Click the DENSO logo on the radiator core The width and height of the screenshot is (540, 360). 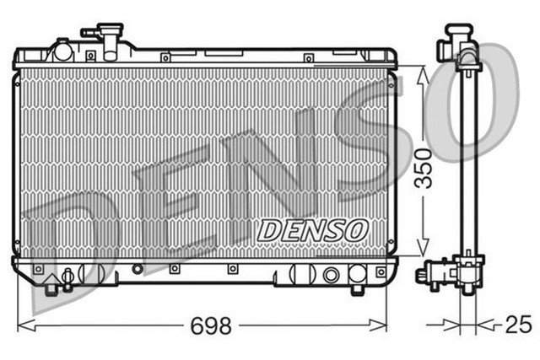point(311,228)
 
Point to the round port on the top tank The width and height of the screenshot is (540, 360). point(63,51)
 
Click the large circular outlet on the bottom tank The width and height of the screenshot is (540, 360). point(331,275)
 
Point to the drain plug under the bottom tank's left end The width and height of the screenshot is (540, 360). point(51,287)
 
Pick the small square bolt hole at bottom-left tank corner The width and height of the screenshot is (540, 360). point(37,270)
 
